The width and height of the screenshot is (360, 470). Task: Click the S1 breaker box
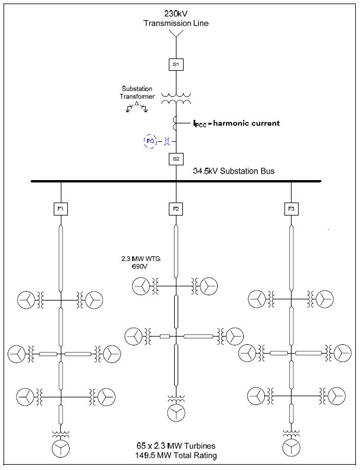click(176, 64)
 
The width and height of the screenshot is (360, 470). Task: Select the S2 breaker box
click(176, 159)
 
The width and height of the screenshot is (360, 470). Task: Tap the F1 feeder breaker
click(61, 208)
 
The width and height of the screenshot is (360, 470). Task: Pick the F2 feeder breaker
click(176, 208)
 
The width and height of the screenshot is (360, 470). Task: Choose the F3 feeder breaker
click(291, 208)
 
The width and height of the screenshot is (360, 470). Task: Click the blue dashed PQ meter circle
click(150, 141)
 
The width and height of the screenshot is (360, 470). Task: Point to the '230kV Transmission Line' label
click(176, 18)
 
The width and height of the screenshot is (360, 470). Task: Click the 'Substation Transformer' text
click(137, 93)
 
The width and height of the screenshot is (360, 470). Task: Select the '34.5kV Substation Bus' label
click(234, 171)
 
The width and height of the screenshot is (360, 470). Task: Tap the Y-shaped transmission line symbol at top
click(176, 35)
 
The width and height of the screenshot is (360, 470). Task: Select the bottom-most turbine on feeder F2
click(176, 413)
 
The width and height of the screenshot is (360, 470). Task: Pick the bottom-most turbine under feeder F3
click(291, 447)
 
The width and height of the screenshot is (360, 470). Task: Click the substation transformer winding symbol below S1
click(176, 99)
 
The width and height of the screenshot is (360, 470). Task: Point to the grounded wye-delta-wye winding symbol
click(137, 107)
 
